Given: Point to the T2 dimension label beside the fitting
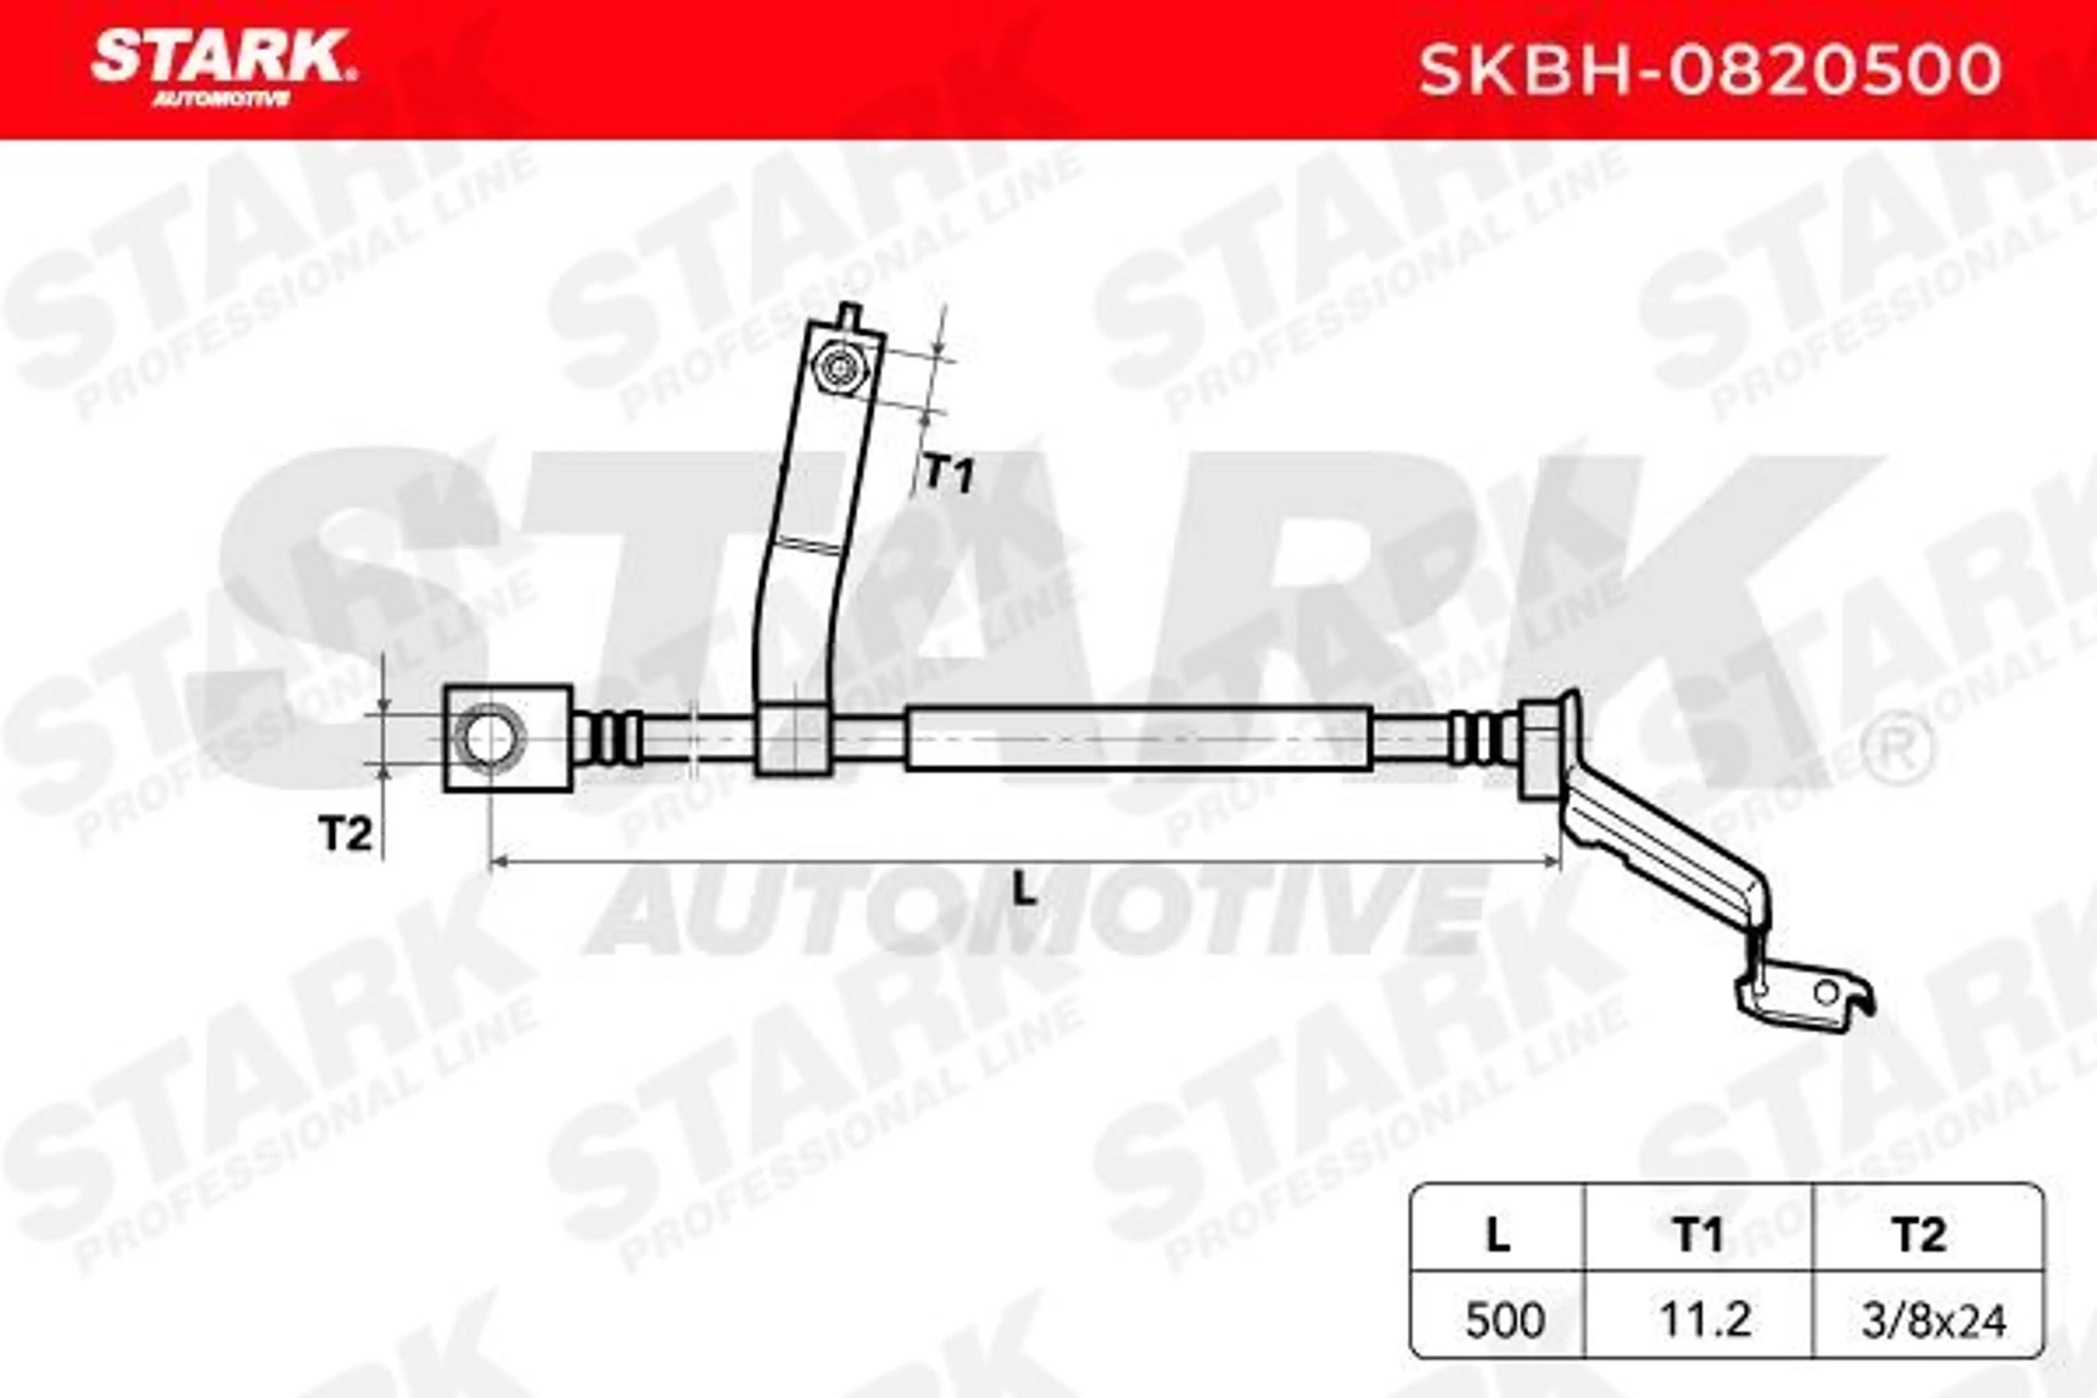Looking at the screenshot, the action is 345,834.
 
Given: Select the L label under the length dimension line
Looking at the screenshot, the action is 1026,892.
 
